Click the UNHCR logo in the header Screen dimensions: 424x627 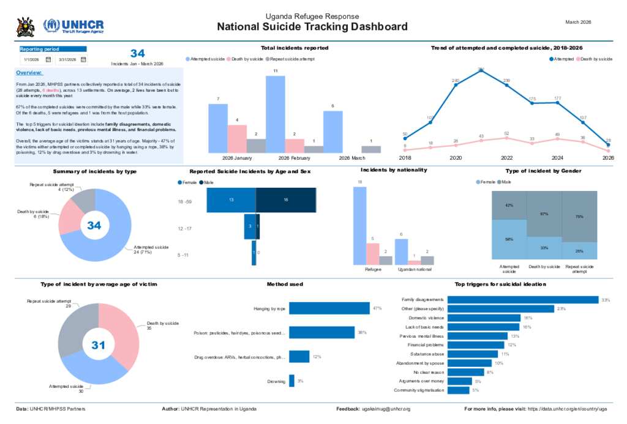click(x=73, y=26)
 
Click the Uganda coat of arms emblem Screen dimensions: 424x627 click(x=25, y=26)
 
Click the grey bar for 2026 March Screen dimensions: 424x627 click(x=370, y=149)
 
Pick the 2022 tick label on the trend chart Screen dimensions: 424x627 click(x=506, y=157)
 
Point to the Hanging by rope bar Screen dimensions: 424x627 click(x=329, y=308)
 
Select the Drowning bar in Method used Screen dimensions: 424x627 click(x=291, y=381)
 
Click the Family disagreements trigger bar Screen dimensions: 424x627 click(x=523, y=300)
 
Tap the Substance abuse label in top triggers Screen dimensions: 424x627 click(x=424, y=354)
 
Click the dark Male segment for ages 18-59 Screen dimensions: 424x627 click(x=285, y=201)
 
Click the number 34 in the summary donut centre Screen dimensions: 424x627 click(x=94, y=226)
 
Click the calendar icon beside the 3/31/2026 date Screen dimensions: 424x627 click(x=83, y=59)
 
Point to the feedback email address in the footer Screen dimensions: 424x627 click(x=386, y=409)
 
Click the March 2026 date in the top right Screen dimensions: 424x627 click(x=578, y=22)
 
